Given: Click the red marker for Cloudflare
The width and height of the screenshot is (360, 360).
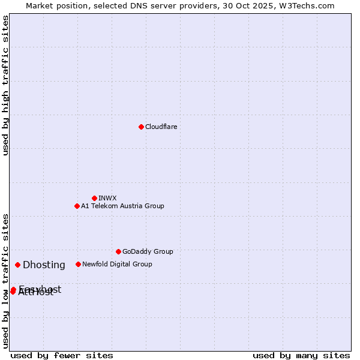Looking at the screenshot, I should [x=141, y=127].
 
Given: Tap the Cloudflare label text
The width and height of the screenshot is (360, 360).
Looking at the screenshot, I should [x=161, y=127].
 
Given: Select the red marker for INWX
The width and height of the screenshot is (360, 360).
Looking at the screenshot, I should [x=94, y=198].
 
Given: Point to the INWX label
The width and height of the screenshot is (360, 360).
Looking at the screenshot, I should [x=107, y=198].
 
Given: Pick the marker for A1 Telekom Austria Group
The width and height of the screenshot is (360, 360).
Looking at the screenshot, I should [x=77, y=206].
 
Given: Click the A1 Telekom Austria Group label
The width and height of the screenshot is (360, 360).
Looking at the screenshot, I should [x=122, y=206].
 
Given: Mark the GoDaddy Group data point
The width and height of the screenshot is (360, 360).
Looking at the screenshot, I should [x=118, y=251].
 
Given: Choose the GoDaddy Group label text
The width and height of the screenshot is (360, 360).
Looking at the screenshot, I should [x=148, y=251].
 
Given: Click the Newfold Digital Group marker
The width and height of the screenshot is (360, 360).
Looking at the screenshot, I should [x=78, y=264].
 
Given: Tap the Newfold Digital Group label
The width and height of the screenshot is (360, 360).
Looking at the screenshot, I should [x=117, y=264].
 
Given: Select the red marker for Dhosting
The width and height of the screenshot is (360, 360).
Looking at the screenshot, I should [x=18, y=265].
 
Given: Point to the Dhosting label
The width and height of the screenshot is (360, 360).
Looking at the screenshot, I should [x=44, y=265].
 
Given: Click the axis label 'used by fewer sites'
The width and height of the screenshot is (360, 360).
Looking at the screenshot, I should [x=62, y=355].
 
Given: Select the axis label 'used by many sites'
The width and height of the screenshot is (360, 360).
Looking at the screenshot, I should [x=301, y=355].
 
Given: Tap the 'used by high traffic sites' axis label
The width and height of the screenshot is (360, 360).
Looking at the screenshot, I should [x=5, y=85].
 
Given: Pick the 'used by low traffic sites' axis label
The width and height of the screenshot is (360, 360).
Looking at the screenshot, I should [x=5, y=281].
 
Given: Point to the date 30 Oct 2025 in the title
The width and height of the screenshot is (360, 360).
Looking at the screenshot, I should [x=254, y=5].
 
